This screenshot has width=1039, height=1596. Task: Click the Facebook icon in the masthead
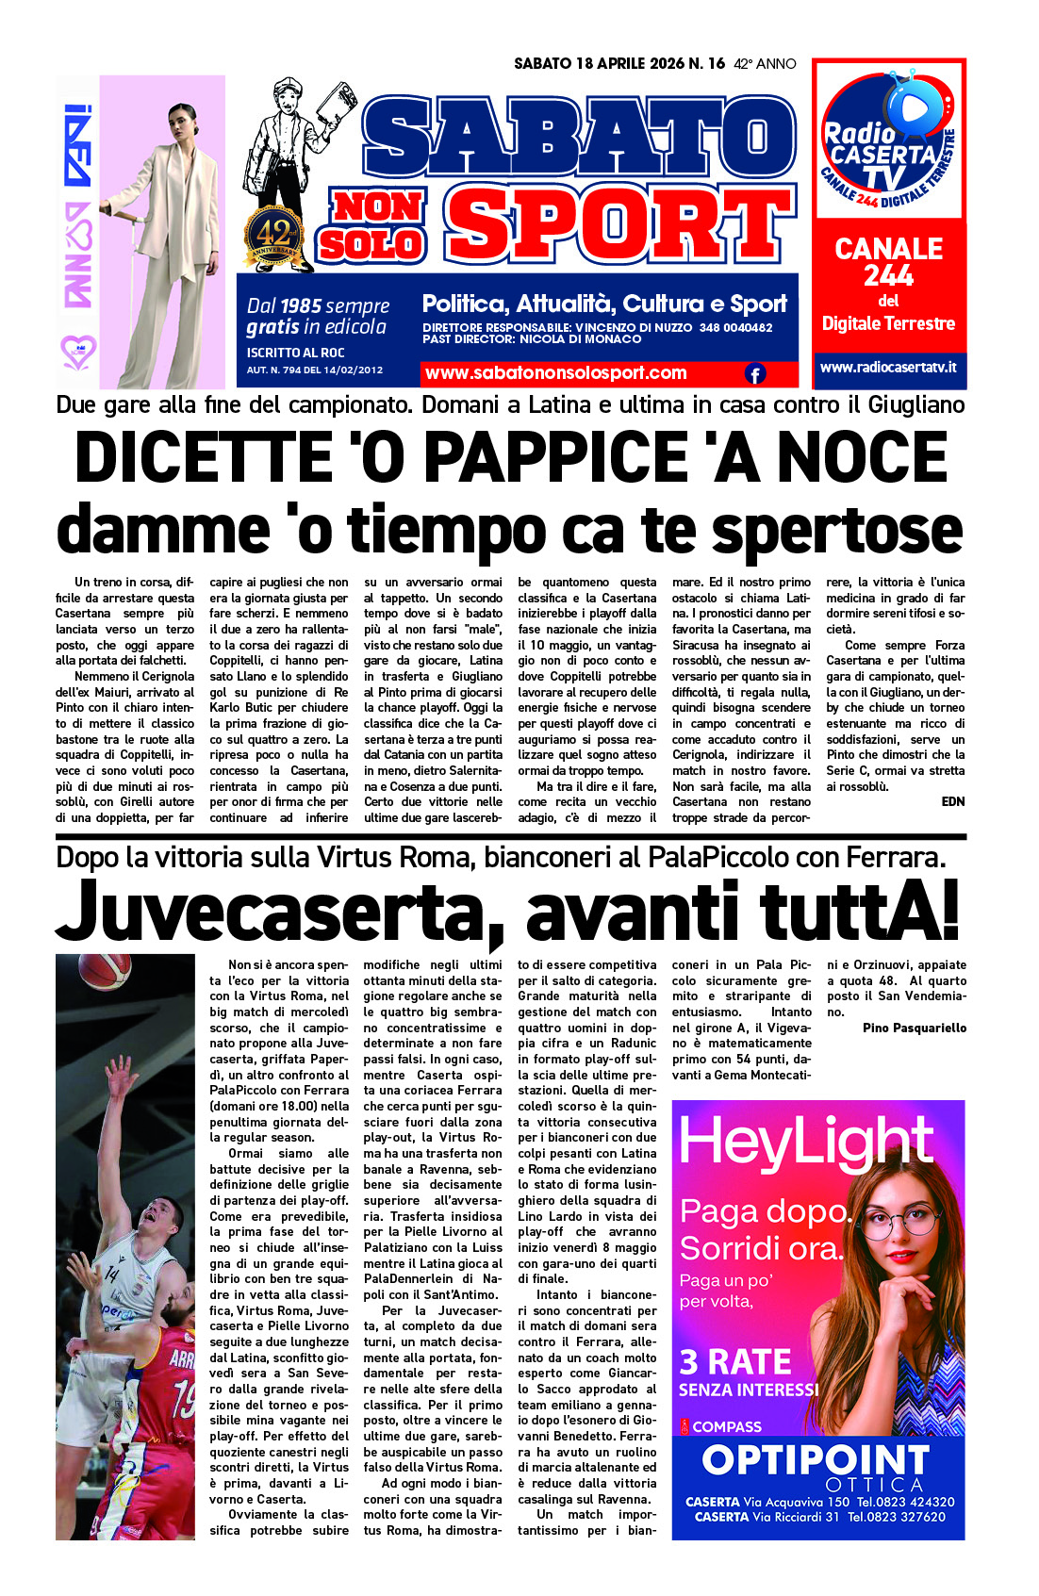coord(755,374)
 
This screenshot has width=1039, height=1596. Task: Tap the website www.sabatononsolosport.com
coord(555,373)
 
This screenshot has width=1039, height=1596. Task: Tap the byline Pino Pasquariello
coord(914,1028)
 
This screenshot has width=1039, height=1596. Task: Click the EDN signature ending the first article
coord(952,801)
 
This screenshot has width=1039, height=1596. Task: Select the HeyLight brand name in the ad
coord(806,1144)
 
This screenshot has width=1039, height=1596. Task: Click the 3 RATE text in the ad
coord(735,1362)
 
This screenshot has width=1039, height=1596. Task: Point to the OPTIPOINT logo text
coord(816,1460)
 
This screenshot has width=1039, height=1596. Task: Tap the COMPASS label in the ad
coord(726,1426)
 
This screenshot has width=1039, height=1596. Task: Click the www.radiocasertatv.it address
coord(888,367)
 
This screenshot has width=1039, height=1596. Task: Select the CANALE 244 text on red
coord(888,262)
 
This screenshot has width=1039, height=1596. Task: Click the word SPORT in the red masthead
coord(618,226)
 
